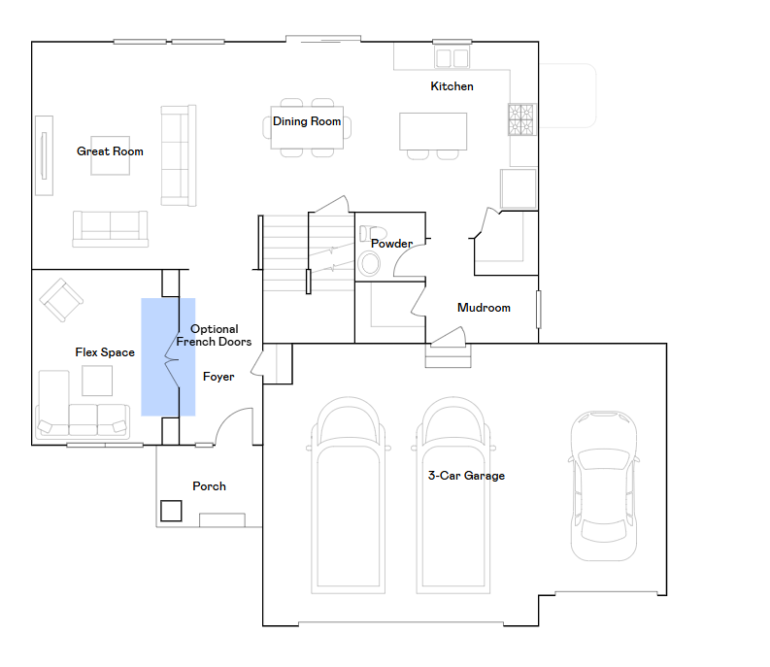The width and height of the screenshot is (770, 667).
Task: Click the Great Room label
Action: click(110, 151)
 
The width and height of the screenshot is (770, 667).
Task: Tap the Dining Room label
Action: click(307, 121)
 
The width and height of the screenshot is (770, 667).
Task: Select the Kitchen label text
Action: click(452, 86)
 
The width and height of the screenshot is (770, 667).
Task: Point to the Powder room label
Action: click(392, 244)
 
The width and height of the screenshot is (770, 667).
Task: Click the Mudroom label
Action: click(484, 308)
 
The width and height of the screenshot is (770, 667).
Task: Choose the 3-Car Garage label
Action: click(466, 476)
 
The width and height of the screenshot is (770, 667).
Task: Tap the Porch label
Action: click(209, 486)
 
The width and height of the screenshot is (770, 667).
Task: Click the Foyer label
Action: click(218, 377)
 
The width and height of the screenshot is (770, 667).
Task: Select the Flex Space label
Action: click(105, 352)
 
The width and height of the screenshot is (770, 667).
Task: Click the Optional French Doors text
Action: click(215, 335)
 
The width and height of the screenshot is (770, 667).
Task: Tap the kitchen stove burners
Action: click(521, 119)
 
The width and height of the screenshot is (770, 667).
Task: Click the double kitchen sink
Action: click(452, 58)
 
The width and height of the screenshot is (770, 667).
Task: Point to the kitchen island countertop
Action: click(433, 131)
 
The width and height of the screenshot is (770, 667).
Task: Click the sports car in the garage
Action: click(604, 486)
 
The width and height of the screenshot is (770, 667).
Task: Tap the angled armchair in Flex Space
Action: click(61, 300)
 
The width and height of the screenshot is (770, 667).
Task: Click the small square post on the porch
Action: click(171, 511)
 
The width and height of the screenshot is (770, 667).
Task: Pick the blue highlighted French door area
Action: click(168, 357)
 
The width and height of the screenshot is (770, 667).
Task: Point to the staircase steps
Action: click(309, 253)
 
